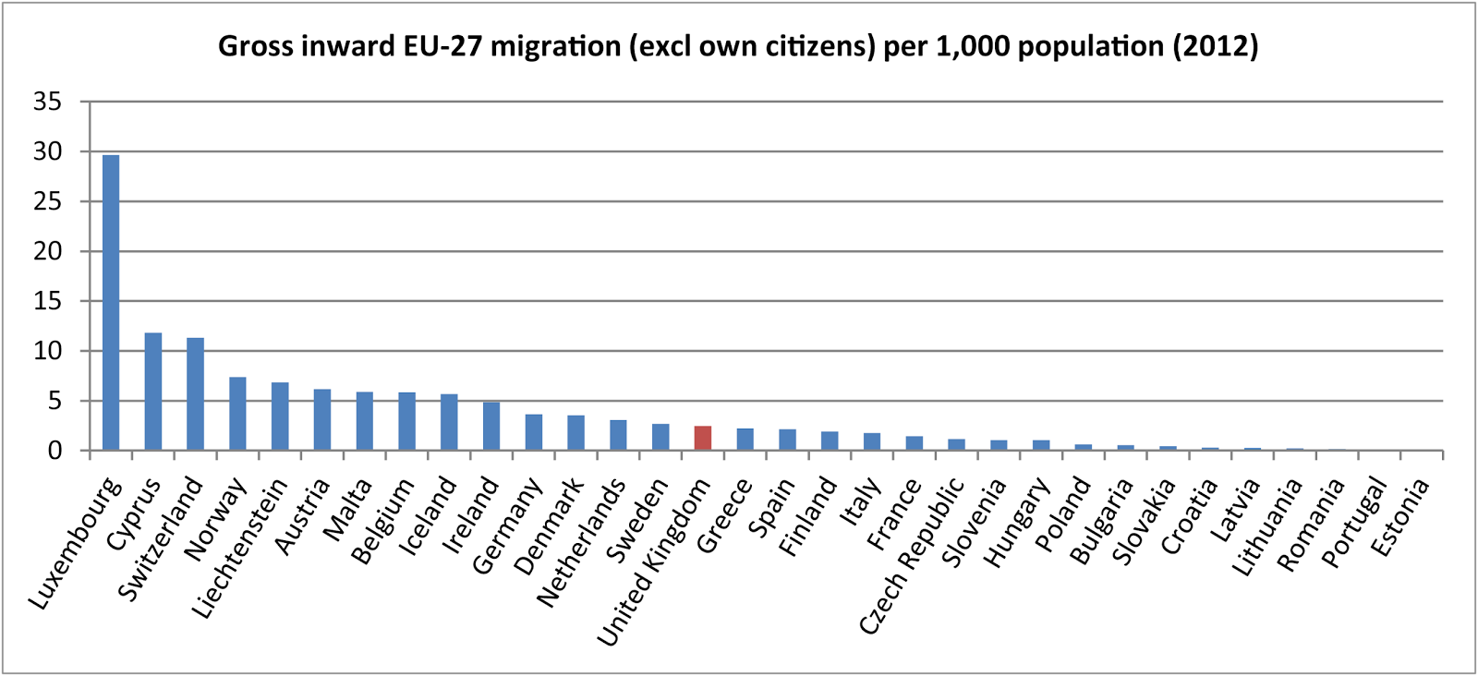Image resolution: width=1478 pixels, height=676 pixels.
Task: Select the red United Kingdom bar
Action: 703,439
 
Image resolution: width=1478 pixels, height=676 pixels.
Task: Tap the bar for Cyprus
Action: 153,392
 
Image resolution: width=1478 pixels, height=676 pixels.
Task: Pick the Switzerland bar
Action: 195,394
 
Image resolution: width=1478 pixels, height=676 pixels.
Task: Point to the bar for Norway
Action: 237,414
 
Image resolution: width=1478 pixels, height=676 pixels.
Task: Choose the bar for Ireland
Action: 491,427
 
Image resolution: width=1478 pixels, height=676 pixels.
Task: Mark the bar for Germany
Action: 534,432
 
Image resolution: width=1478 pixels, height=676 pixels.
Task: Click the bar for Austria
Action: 322,420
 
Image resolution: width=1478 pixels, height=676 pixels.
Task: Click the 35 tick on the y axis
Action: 47,102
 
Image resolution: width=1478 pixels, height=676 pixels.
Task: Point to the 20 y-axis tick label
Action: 47,251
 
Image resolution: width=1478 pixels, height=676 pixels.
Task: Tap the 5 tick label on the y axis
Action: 55,401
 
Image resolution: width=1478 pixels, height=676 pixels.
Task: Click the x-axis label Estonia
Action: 1399,517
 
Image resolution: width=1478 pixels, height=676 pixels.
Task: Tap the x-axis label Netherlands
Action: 581,544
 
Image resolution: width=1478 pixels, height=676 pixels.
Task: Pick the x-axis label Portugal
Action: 1353,523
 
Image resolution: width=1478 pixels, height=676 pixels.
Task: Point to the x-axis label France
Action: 894,514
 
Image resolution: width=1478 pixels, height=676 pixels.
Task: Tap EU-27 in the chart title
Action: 447,46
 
